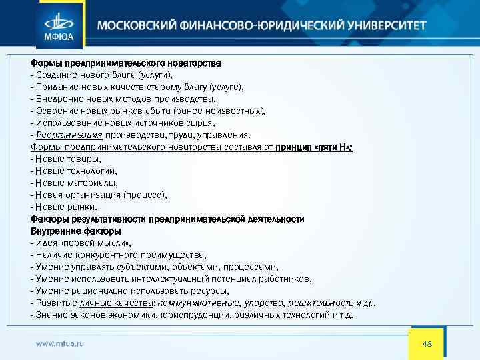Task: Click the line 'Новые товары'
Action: click(x=66, y=159)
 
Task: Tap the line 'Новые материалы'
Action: click(x=73, y=183)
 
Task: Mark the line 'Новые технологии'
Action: click(x=74, y=171)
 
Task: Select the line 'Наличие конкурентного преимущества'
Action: click(x=118, y=255)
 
